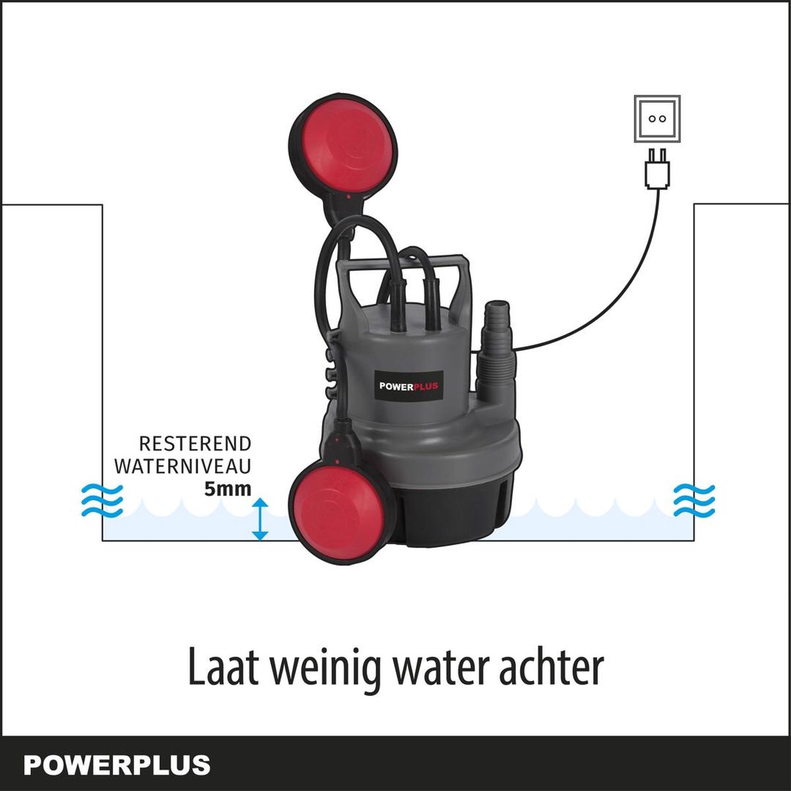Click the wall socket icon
pyautogui.click(x=657, y=119)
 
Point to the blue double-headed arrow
pyautogui.click(x=260, y=519)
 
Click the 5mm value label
pyautogui.click(x=228, y=489)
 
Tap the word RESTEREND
pyautogui.click(x=195, y=444)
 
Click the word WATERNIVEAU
pyautogui.click(x=183, y=467)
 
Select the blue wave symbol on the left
pyautogui.click(x=102, y=501)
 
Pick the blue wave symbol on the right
pyautogui.click(x=694, y=501)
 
